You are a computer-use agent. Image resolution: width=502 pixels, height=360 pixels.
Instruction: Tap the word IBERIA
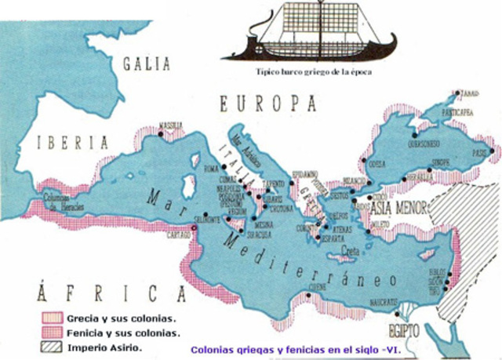pos(77,143)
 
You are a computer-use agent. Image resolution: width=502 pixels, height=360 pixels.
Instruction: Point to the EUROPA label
pos(267,104)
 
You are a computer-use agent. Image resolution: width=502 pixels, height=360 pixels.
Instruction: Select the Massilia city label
pos(173,125)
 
